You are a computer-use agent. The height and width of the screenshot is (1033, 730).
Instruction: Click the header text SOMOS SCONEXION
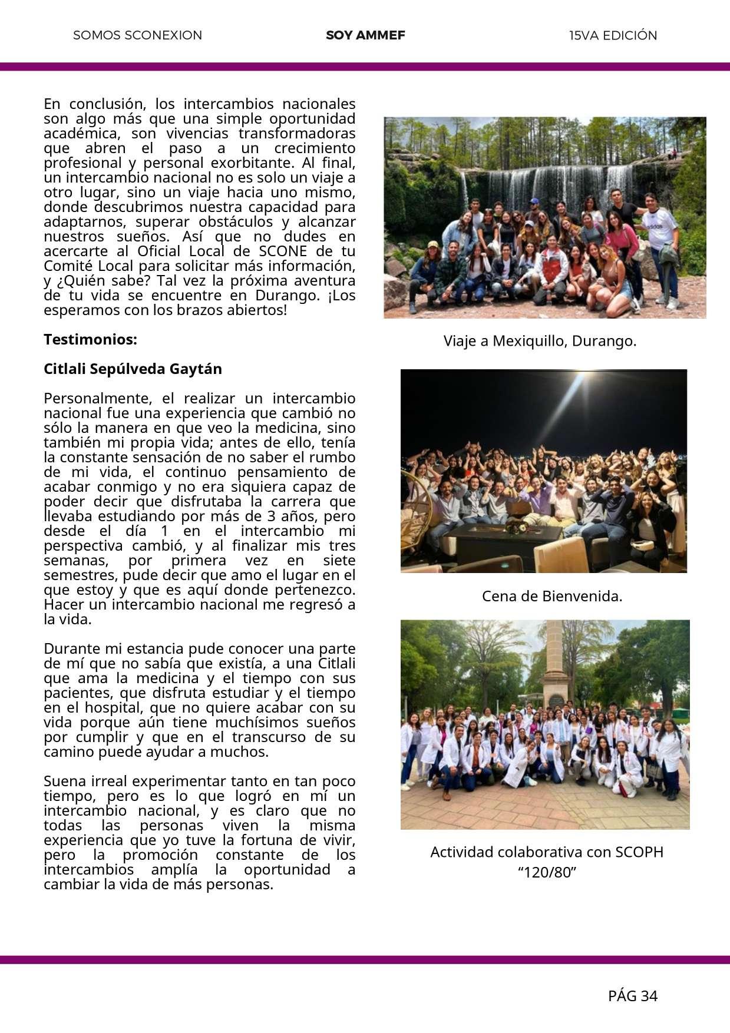(137, 35)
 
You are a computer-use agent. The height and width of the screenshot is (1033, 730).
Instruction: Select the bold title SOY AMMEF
(365, 35)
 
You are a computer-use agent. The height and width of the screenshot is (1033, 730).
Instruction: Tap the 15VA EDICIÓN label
(613, 35)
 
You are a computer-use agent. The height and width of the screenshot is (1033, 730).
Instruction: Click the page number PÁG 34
(632, 996)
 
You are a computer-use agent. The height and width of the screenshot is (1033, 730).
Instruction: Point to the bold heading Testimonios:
(90, 340)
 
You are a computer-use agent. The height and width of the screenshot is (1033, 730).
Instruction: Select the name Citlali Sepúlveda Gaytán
(133, 369)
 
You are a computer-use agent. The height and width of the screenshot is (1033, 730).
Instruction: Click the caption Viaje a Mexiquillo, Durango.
(540, 341)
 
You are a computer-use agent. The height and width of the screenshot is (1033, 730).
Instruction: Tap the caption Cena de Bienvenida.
(552, 596)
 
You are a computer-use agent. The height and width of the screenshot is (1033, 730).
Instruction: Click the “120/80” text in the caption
(547, 872)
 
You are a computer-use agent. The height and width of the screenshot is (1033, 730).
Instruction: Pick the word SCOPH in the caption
(639, 852)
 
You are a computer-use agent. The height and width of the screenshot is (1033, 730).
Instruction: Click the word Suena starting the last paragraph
(65, 782)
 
